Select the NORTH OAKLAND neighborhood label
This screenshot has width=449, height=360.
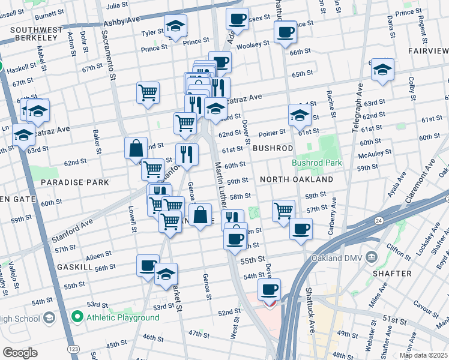coord(296,179)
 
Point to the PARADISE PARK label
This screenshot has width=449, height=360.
coord(74,182)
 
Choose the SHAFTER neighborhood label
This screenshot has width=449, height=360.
coord(394,273)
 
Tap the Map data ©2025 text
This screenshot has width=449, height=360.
coord(423,355)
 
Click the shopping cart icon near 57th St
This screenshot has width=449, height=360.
coord(283,210)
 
